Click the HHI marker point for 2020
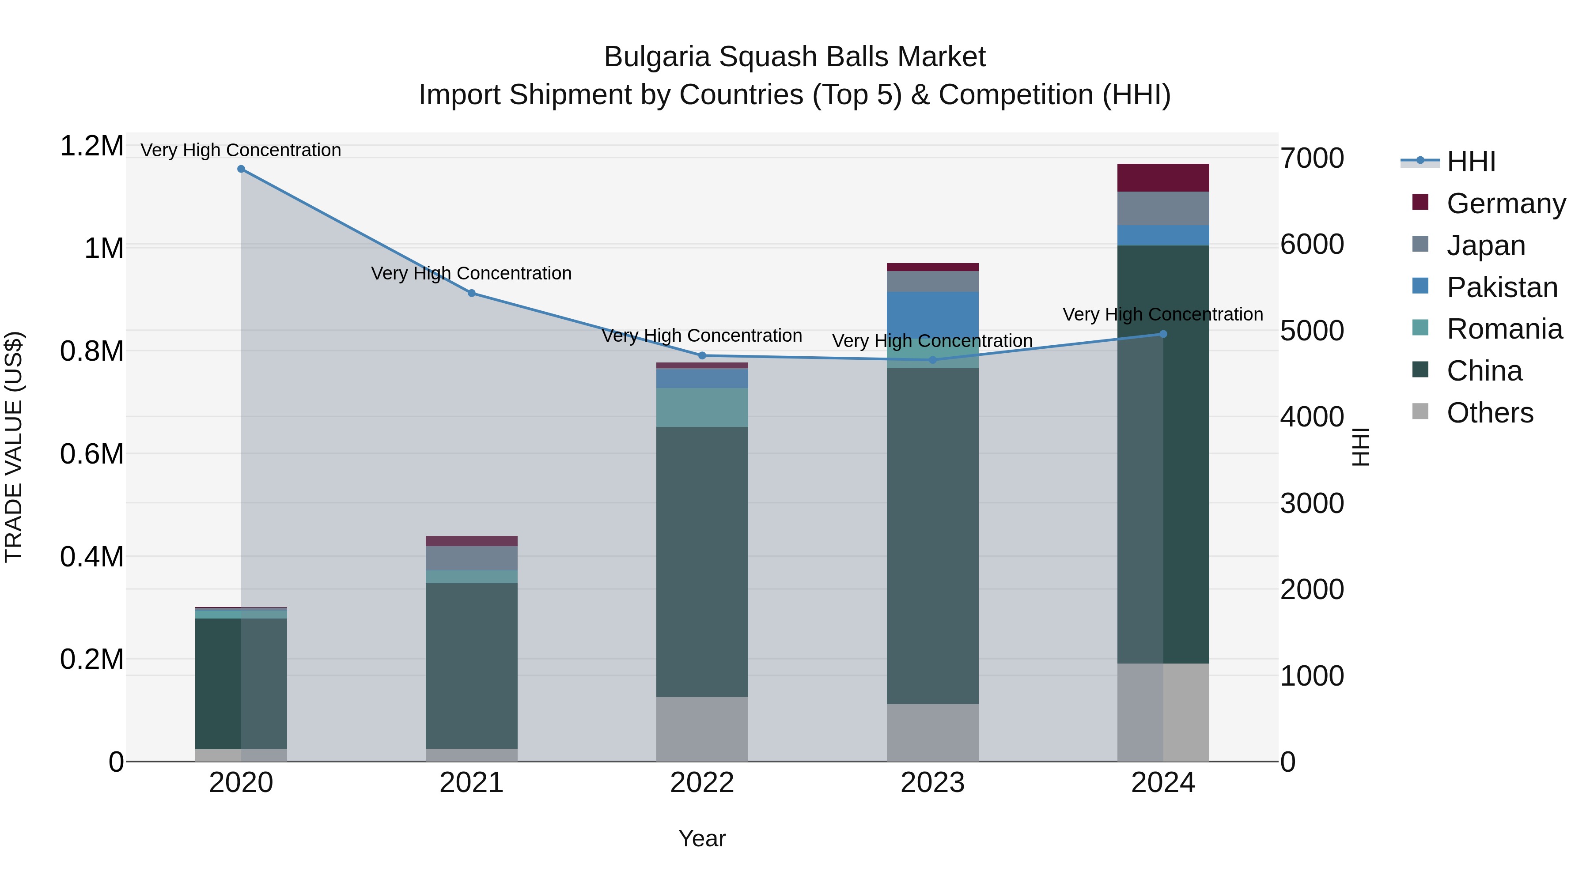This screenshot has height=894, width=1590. [x=241, y=169]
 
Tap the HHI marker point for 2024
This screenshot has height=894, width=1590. [x=1163, y=334]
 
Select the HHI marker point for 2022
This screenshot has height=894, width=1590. [x=702, y=356]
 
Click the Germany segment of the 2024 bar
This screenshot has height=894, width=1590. [x=1163, y=177]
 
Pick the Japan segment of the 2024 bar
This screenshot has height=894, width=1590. [x=1163, y=208]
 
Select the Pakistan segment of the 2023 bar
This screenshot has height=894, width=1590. [x=932, y=315]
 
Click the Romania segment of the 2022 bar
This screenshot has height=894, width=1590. [x=702, y=407]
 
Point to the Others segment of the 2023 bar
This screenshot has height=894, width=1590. [x=932, y=732]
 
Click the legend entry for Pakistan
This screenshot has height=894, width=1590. [x=1501, y=287]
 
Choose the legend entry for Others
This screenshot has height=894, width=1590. [x=1489, y=413]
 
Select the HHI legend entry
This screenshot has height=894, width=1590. [x=1470, y=162]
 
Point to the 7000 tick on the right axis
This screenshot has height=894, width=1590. [x=1312, y=158]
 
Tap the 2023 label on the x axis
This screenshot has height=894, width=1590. [x=932, y=783]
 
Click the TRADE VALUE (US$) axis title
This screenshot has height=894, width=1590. [x=14, y=447]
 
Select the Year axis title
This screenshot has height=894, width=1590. [x=702, y=838]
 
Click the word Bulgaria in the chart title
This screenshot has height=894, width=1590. [x=657, y=57]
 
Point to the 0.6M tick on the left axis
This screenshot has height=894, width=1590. [x=91, y=454]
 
